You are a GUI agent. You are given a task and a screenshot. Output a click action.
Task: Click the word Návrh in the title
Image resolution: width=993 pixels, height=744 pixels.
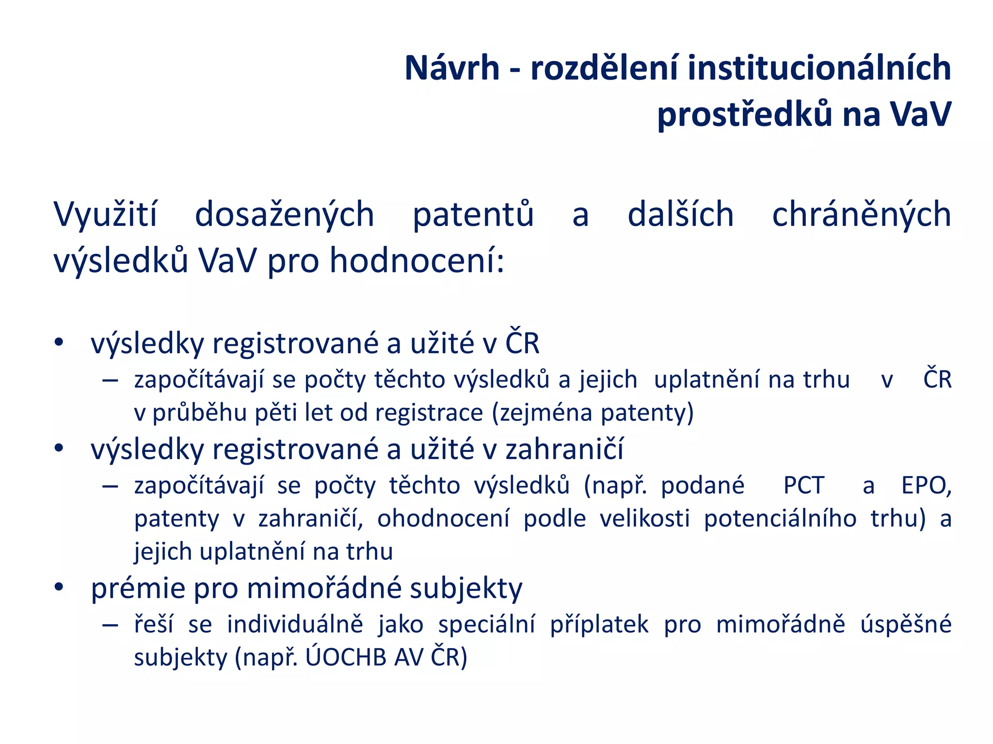451,68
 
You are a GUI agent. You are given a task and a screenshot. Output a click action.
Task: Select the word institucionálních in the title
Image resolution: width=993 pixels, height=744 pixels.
819,68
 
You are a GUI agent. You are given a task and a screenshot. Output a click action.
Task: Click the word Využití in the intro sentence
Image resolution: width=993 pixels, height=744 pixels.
105,215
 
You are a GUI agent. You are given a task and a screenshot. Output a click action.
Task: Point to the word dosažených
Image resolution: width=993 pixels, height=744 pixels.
285,215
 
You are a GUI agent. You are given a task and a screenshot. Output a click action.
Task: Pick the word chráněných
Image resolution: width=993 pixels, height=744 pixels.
861,215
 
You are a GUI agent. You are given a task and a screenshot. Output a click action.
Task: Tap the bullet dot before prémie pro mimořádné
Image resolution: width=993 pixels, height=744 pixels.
59,588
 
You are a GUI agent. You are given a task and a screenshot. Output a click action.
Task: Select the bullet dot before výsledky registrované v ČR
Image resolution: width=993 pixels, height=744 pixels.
59,342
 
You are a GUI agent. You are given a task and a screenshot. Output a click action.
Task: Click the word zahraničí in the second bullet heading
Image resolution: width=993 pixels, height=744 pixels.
564,449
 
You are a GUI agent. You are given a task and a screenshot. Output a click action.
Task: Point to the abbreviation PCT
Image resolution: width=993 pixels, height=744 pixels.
803,485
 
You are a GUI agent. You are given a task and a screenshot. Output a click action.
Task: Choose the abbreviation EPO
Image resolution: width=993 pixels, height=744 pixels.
926,485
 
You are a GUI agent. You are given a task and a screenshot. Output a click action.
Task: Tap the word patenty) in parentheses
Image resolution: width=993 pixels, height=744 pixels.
647,413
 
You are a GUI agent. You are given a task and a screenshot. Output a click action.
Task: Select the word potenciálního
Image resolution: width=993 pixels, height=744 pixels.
780,518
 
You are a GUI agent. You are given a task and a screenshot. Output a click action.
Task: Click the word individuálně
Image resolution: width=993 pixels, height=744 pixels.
295,624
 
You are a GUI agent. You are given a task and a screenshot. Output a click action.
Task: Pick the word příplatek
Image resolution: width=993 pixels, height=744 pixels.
599,624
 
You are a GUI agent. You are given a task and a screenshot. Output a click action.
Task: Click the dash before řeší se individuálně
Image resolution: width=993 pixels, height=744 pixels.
111,624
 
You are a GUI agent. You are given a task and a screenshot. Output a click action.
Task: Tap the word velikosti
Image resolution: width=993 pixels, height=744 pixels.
644,518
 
